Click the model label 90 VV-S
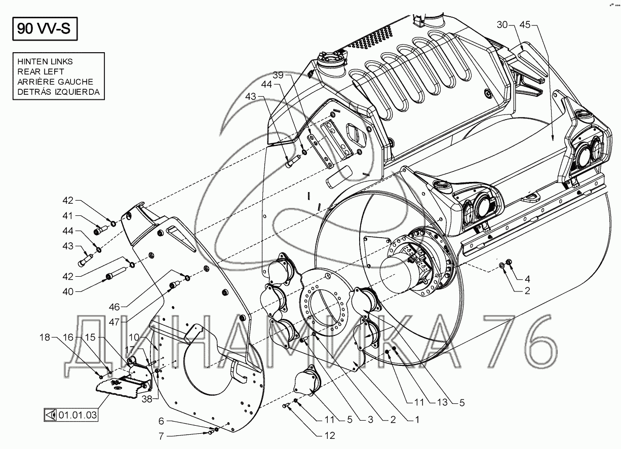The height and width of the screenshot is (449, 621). [x=44, y=28]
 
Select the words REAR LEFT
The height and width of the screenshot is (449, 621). [x=41, y=71]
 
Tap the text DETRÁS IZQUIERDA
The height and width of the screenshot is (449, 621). [x=58, y=92]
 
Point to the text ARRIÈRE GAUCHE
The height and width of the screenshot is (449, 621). [x=55, y=82]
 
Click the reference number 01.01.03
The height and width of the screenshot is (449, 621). [x=77, y=415]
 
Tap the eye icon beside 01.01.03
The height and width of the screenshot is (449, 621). [x=51, y=415]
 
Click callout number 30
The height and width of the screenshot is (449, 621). [x=502, y=25]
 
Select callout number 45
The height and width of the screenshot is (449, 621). [x=525, y=25]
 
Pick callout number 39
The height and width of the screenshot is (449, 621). [x=278, y=75]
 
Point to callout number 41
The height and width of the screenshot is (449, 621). [x=68, y=215]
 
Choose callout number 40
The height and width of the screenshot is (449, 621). [x=68, y=291]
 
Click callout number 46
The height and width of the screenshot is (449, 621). [x=114, y=307]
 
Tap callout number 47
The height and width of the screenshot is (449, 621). [x=114, y=322]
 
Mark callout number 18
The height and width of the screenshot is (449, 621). [x=45, y=338]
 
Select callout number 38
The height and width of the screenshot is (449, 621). [x=147, y=399]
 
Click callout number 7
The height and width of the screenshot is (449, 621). [x=162, y=436]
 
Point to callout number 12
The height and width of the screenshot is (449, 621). [x=330, y=436]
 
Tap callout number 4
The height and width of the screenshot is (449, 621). [x=527, y=279]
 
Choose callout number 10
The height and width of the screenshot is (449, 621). [x=134, y=338]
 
